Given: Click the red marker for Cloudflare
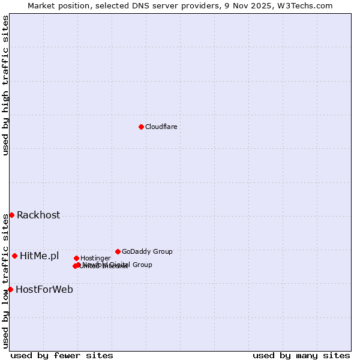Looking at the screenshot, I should [141, 127].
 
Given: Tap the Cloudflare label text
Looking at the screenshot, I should [161, 127].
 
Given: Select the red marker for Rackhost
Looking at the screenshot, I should [11, 215].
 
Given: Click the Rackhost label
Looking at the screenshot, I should [38, 215].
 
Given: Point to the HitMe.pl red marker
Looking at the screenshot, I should [14, 256].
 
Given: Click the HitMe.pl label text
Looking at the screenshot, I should [39, 256].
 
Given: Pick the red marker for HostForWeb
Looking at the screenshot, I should [10, 289].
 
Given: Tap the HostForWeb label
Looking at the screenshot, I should [44, 290].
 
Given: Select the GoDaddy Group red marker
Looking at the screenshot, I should [118, 251].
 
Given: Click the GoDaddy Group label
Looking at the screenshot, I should [147, 251].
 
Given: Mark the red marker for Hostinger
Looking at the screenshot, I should [76, 258].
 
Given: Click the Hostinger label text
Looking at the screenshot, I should [95, 259].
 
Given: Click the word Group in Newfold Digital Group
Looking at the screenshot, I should [142, 265].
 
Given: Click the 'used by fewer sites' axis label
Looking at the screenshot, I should [62, 356].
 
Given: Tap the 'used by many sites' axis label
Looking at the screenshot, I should [301, 356].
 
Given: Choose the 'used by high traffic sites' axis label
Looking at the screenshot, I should [5, 85].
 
